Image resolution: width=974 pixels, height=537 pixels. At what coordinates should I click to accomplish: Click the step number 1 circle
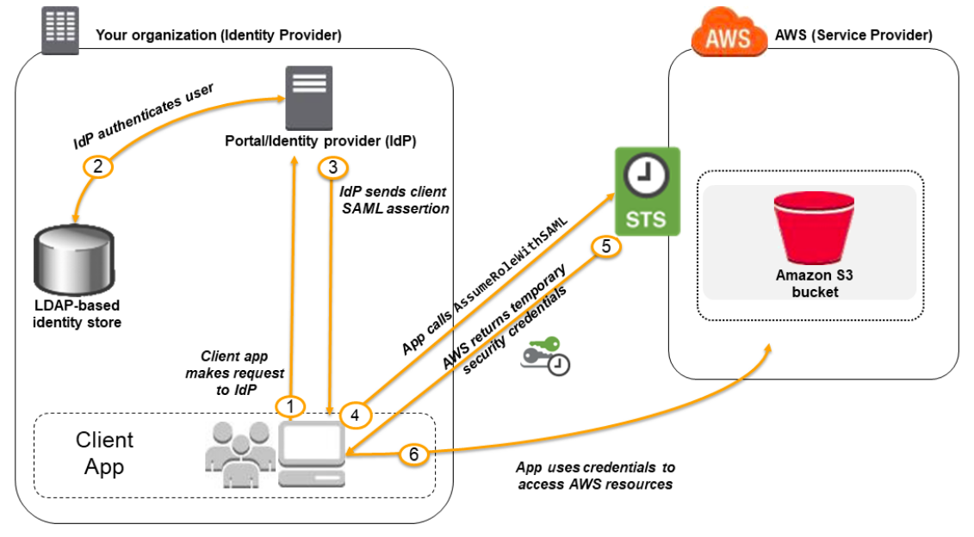click(290, 407)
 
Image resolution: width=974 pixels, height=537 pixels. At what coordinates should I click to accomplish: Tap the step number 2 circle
click(97, 166)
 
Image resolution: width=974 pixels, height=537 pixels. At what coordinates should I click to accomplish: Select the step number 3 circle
click(333, 167)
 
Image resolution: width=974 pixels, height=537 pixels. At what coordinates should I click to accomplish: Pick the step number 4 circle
click(356, 415)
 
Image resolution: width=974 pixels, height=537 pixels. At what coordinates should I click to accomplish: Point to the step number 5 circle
click(606, 246)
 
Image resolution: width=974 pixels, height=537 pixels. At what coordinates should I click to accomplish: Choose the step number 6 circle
click(413, 454)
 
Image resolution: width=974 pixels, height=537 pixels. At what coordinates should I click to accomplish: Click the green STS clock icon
click(648, 191)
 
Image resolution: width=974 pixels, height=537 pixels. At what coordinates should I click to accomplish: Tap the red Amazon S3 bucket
click(814, 227)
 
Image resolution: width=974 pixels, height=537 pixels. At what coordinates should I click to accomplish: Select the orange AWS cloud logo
click(728, 33)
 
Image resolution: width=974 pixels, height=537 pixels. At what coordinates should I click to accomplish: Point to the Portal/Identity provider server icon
click(308, 97)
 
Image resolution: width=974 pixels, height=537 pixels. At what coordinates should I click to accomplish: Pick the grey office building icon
click(60, 30)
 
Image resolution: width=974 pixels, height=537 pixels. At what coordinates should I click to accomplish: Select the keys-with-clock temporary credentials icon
click(546, 356)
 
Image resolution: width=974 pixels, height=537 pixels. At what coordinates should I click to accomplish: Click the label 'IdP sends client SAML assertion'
click(394, 200)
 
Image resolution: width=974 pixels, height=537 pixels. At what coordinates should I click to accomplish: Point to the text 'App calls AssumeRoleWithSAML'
click(485, 286)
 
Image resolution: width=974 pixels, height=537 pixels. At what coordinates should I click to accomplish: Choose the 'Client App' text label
click(104, 454)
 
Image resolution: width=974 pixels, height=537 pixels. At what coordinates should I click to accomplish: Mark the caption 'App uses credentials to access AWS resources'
click(595, 476)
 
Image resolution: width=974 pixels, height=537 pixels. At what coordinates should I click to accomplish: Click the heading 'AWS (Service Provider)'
click(853, 35)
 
